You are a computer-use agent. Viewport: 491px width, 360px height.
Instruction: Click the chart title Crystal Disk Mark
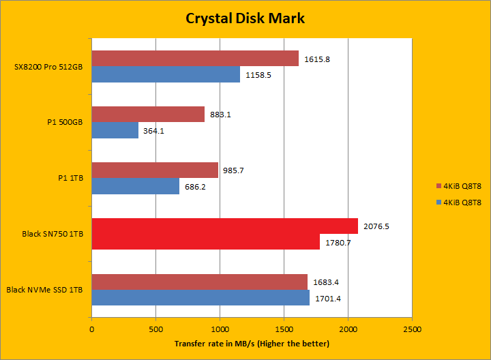[245, 18]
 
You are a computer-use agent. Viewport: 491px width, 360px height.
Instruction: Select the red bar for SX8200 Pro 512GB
[195, 59]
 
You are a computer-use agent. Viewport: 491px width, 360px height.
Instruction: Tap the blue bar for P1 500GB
[115, 130]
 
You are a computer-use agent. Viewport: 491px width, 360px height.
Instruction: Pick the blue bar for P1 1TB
[136, 186]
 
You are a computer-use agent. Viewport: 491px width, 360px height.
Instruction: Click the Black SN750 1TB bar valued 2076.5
[224, 226]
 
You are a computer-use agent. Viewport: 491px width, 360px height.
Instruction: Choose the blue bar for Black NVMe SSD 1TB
[200, 298]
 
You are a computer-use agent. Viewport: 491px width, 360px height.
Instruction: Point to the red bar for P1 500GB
[148, 115]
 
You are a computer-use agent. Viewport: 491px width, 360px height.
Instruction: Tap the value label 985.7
[236, 170]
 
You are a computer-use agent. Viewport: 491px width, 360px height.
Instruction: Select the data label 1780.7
[338, 243]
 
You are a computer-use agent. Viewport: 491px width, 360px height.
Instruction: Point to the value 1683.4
[325, 282]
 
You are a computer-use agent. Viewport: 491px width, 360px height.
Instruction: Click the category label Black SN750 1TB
[53, 234]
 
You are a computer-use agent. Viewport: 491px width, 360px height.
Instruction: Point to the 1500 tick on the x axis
[284, 328]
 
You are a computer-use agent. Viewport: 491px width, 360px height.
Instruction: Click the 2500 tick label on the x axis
[412, 328]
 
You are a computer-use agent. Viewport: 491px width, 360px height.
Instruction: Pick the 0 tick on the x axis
[91, 328]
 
